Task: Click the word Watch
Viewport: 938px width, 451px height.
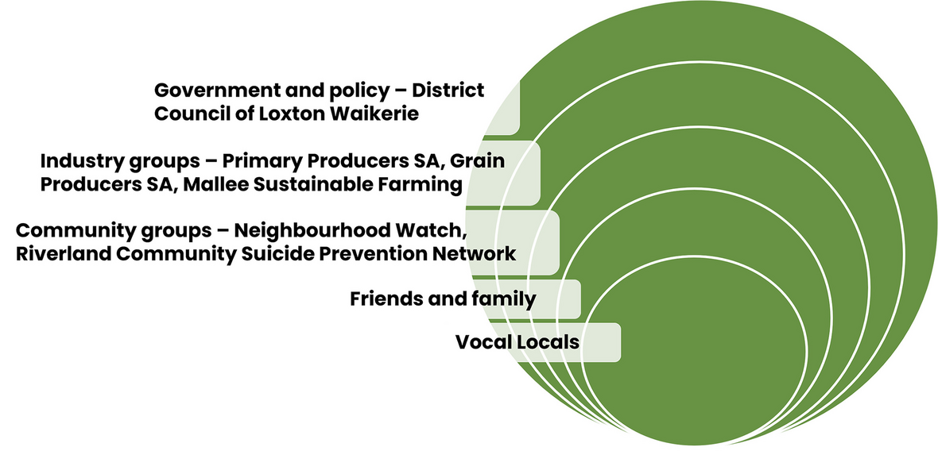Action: coord(430,231)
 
